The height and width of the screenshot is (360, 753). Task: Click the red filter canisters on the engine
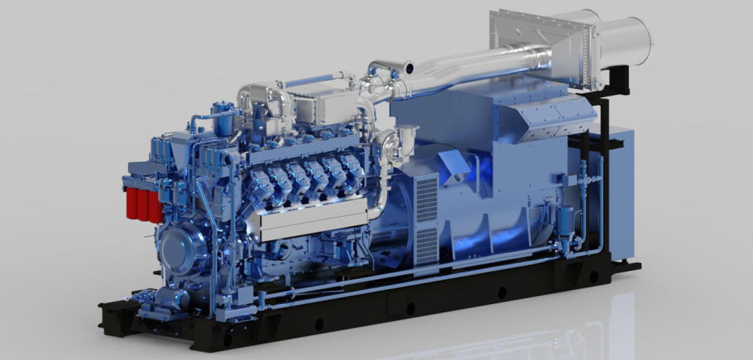144,204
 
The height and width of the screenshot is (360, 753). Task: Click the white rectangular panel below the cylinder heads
309,222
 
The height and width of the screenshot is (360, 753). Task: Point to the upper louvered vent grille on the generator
426,198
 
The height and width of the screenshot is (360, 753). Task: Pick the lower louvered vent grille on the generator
426,246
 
